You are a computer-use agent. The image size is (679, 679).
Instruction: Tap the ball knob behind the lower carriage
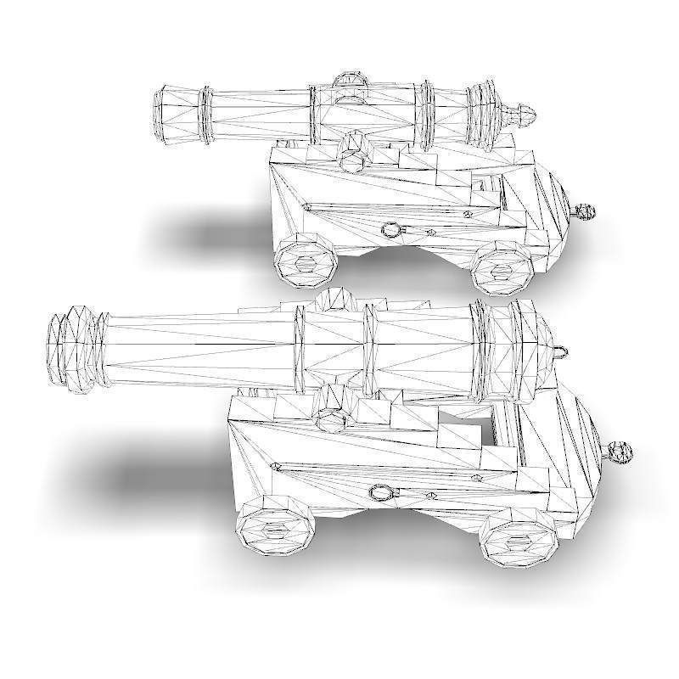[620, 452]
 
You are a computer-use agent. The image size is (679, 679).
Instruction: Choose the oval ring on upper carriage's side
[390, 228]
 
